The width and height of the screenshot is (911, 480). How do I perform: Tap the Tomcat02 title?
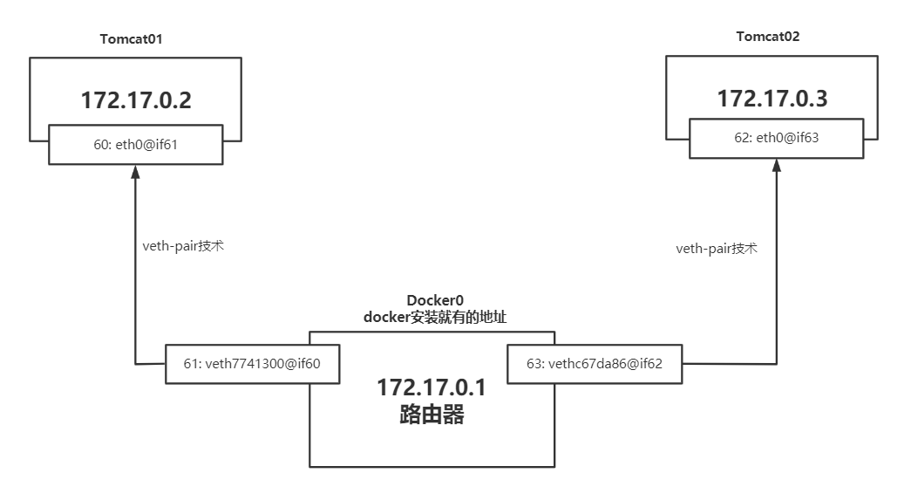[x=768, y=37]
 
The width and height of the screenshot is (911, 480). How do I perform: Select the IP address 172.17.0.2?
[x=136, y=100]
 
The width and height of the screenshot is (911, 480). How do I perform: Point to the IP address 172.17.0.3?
[x=772, y=99]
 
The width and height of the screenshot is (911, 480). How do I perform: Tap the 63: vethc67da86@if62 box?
[x=595, y=364]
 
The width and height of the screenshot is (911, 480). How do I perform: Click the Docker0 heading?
[x=435, y=302]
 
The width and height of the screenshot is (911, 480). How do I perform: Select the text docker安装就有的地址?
[x=435, y=319]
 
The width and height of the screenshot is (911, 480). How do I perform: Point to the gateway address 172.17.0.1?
[x=431, y=387]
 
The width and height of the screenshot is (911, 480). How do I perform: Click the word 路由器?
[x=431, y=414]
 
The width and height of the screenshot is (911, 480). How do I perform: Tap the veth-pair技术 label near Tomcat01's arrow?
[x=183, y=245]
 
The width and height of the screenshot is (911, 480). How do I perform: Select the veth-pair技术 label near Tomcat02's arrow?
[x=717, y=248]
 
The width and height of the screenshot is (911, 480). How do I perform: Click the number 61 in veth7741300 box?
[x=191, y=364]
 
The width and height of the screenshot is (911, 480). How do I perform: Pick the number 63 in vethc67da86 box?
[x=534, y=364]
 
